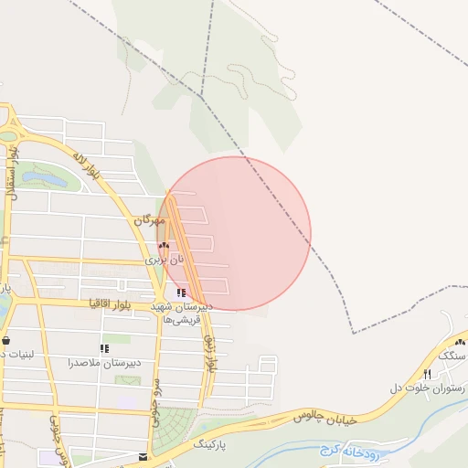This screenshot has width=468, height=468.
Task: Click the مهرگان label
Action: (150, 220)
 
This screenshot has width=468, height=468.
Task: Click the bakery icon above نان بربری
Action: (164, 245)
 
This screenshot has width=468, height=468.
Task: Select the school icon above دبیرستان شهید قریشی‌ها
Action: (180, 293)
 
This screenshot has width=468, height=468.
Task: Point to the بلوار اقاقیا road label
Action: (111, 302)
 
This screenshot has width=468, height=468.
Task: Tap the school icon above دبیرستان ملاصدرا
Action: (104, 348)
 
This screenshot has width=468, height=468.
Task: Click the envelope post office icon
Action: (143, 456)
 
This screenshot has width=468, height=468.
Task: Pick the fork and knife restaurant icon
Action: (427, 375)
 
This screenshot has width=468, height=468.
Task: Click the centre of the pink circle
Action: (235, 233)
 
